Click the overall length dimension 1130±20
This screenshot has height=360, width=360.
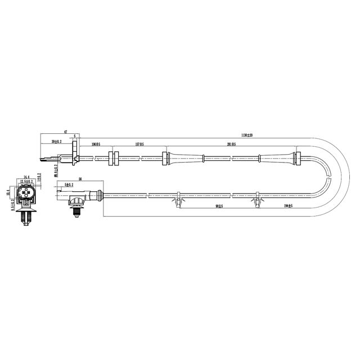pos(247,136)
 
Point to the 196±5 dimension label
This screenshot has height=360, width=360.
pos(96,145)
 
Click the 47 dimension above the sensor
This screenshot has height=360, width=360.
pos(66,132)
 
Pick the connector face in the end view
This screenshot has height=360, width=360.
pos(26,197)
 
